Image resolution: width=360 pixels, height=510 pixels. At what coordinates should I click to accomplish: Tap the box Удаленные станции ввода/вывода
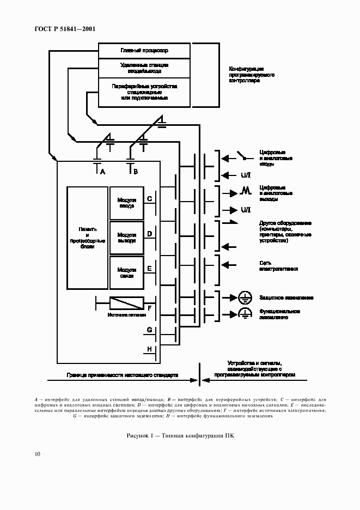pos(144,68)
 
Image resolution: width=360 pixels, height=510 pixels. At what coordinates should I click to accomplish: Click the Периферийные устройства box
pos(144,92)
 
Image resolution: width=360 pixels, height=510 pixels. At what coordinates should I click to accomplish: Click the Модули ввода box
pos(126,203)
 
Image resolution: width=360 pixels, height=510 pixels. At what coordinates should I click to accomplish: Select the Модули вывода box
pos(126,238)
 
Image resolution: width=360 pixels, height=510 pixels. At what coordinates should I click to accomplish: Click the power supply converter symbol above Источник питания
pos(126,302)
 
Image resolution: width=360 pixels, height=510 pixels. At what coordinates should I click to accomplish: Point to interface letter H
pos(149,349)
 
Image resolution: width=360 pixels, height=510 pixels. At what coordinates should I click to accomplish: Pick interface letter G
pos(149,330)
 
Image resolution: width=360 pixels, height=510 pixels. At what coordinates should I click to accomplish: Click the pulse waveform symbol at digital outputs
pos(245,191)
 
